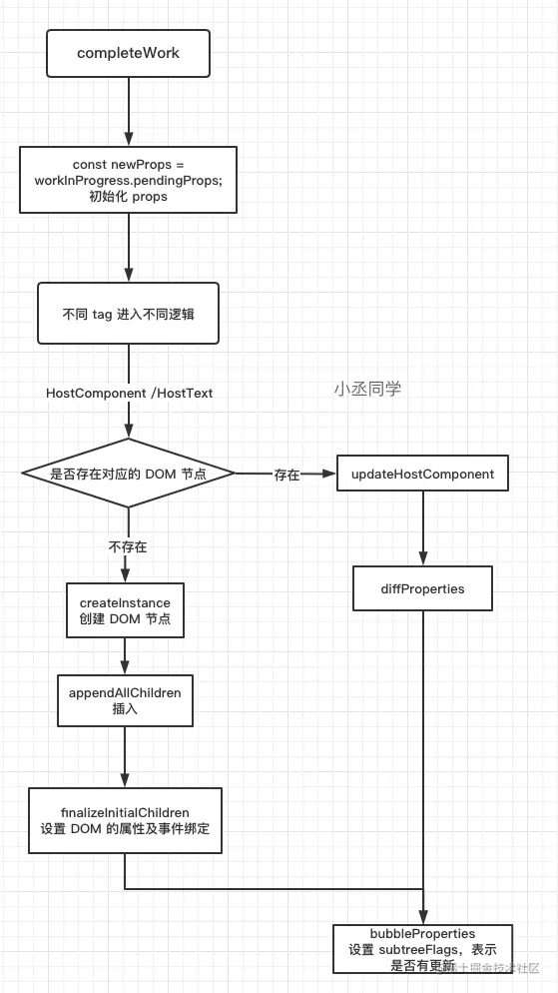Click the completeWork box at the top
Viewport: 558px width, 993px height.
click(x=128, y=53)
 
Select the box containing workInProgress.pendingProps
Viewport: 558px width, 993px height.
click(x=128, y=180)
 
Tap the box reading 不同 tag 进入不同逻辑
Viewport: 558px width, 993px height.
click(x=128, y=313)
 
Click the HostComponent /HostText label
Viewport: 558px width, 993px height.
click(x=129, y=394)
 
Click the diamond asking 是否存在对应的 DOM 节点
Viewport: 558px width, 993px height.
click(x=128, y=474)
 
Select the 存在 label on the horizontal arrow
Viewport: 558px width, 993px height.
click(x=286, y=476)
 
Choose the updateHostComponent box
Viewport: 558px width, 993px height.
click(x=422, y=474)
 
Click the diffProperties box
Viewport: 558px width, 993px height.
click(x=422, y=588)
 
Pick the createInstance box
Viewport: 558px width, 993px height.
click(x=125, y=610)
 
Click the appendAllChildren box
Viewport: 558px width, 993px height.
click(x=125, y=699)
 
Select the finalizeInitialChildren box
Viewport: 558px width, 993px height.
click(x=125, y=820)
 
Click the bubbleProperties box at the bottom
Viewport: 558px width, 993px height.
click(x=422, y=948)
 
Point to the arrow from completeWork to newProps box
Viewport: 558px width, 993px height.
click(x=128, y=110)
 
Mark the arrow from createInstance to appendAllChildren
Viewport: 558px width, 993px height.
click(x=125, y=654)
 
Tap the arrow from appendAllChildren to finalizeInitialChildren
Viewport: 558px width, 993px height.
click(x=125, y=755)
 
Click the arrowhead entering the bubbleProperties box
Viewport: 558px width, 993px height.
click(x=423, y=916)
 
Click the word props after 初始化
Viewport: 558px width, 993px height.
click(x=149, y=196)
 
